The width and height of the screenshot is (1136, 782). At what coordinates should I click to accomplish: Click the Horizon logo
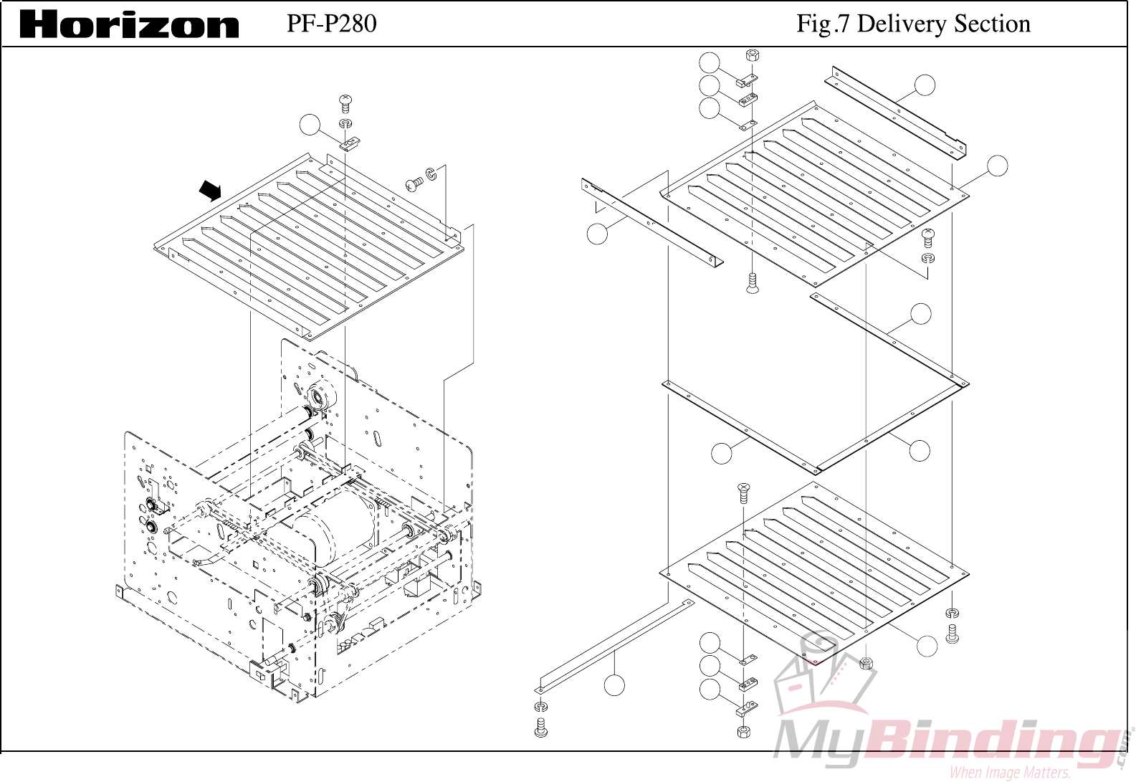[129, 24]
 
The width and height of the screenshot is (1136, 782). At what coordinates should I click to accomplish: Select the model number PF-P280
[331, 24]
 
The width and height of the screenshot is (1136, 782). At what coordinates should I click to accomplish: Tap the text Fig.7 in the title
[823, 24]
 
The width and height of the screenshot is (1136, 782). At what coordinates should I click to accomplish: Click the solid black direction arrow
[210, 190]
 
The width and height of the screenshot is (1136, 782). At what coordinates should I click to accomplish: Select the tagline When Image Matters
[1010, 773]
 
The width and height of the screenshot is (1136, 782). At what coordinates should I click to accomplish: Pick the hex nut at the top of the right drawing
[752, 55]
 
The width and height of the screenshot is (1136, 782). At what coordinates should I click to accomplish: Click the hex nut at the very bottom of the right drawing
[744, 732]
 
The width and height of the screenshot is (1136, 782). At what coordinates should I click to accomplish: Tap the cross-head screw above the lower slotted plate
[744, 492]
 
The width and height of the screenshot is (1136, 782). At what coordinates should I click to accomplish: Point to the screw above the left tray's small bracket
[345, 103]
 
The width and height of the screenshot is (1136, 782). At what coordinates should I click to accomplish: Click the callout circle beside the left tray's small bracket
[310, 125]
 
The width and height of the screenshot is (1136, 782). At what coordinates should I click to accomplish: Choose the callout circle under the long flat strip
[614, 685]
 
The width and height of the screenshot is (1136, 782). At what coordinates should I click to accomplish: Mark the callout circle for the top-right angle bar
[925, 85]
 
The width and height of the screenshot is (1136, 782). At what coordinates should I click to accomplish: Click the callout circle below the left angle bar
[597, 234]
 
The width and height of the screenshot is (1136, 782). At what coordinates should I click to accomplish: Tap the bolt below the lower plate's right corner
[952, 634]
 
